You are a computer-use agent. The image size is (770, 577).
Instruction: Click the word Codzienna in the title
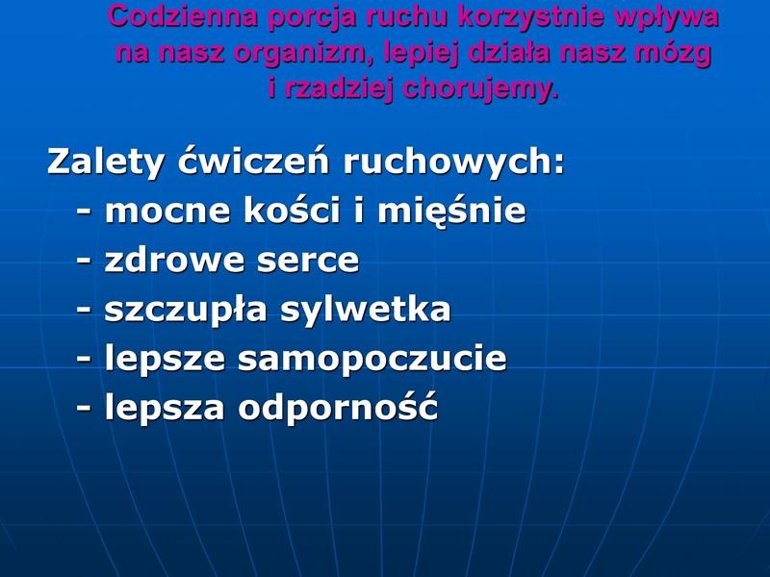pyautogui.click(x=182, y=15)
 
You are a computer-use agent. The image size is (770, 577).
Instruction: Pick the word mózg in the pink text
pyautogui.click(x=673, y=53)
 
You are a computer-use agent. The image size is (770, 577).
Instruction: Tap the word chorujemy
pyautogui.click(x=480, y=89)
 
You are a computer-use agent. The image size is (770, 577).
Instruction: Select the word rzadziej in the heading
pyautogui.click(x=338, y=89)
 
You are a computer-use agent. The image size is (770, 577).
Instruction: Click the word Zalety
pyautogui.click(x=105, y=162)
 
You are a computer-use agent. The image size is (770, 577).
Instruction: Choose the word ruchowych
pyautogui.click(x=454, y=162)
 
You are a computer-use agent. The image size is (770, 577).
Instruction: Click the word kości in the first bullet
pyautogui.click(x=292, y=209)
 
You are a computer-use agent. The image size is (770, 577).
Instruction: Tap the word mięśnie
pyautogui.click(x=451, y=211)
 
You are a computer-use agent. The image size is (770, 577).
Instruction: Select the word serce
pyautogui.click(x=308, y=261)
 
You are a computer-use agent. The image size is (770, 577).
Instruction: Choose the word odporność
pyautogui.click(x=338, y=406)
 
